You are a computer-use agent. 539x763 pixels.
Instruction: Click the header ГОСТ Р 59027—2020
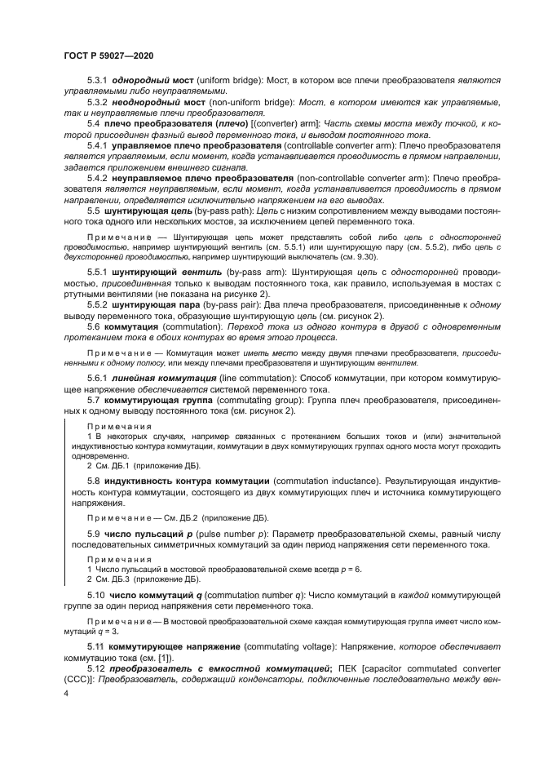(108, 55)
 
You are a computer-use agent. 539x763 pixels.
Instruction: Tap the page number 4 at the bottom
(64, 693)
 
